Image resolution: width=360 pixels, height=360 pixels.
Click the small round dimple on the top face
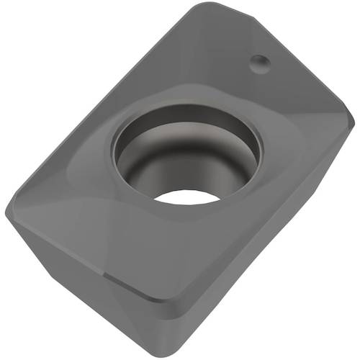click(260, 64)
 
